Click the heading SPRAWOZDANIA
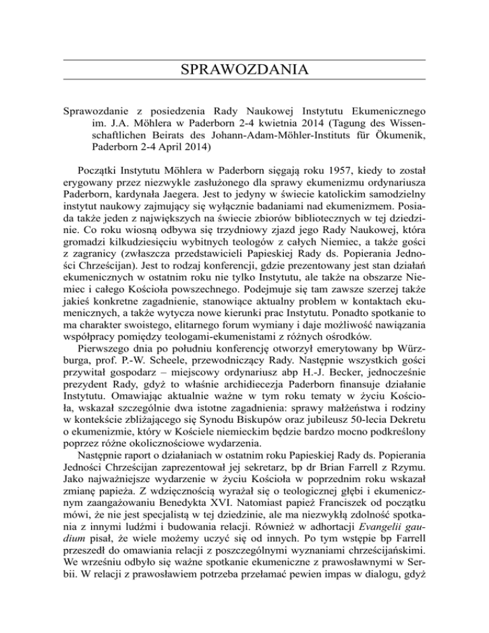click(x=244, y=69)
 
